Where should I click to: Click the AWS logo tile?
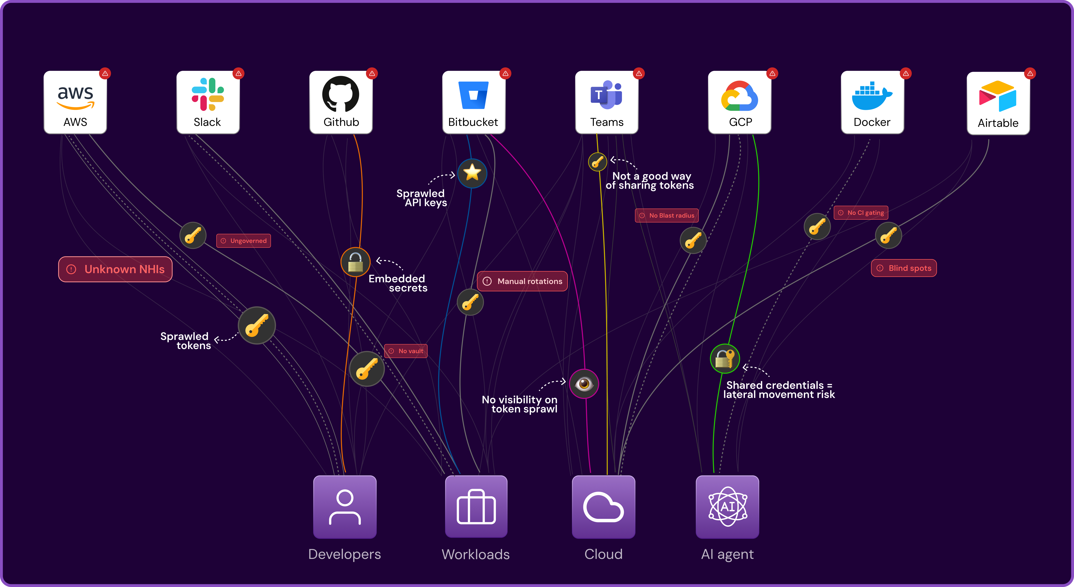(x=75, y=102)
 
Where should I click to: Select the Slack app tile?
(x=208, y=102)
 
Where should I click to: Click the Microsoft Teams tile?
(x=607, y=102)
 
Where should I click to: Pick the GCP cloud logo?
(x=740, y=96)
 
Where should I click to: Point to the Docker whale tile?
(x=872, y=102)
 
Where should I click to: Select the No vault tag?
(x=406, y=351)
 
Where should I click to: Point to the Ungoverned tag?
(x=243, y=241)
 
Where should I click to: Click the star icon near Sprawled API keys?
(x=472, y=173)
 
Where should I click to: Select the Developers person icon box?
(x=345, y=507)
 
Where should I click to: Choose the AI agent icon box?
(x=728, y=507)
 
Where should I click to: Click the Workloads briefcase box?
(x=476, y=507)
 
